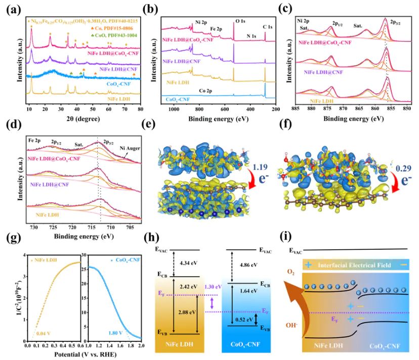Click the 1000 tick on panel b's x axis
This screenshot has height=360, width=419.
(x=174, y=109)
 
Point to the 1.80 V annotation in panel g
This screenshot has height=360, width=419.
(x=123, y=333)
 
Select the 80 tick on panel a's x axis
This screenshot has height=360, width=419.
(x=140, y=109)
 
